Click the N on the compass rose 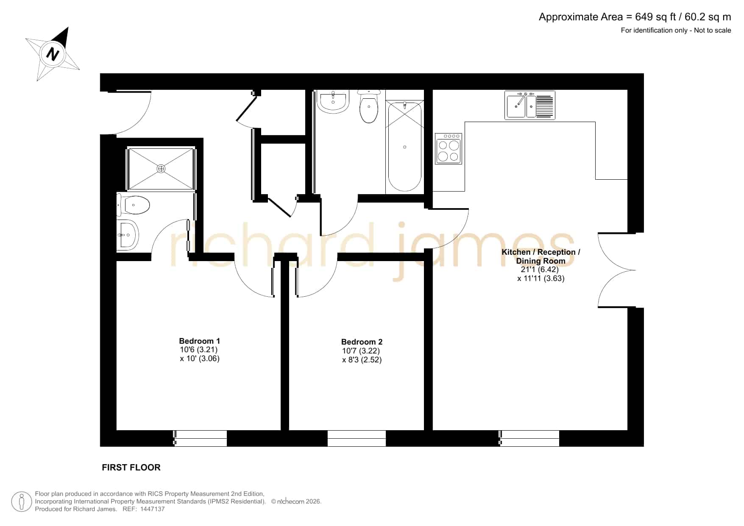coord(53,54)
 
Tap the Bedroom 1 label coord(199,341)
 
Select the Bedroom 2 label coord(362,342)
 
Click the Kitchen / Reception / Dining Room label coord(541,256)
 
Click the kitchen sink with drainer coord(530,105)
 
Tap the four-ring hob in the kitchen coord(448,148)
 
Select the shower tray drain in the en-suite coord(161,169)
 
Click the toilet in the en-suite coord(133,205)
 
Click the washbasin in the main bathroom coord(333,101)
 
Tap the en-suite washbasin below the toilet coord(128,234)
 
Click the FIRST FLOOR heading coord(131,467)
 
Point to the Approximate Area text coord(635,17)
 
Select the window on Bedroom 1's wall coord(200,438)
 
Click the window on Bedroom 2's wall coord(357,438)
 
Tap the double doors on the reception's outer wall coord(619,270)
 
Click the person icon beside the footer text coord(22,501)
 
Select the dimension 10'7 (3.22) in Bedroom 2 coord(361,351)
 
